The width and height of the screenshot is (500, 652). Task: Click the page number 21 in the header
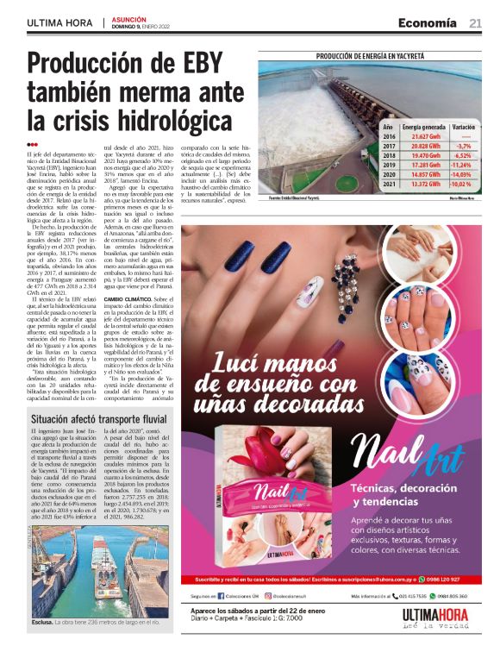(x=475, y=23)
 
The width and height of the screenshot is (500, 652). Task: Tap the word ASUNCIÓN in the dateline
(x=129, y=19)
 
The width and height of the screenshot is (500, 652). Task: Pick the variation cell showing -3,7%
(x=463, y=147)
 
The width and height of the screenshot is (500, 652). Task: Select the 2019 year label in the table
(x=389, y=165)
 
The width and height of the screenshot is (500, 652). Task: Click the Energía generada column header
(x=424, y=126)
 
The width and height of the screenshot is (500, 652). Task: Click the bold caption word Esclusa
(x=43, y=621)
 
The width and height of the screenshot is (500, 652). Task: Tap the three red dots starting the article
(x=33, y=145)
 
